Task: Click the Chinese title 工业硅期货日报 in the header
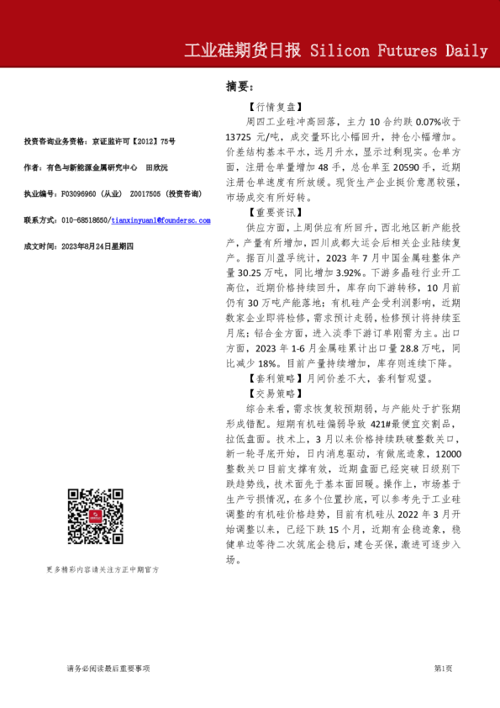tap(243, 50)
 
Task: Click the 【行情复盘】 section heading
tap(274, 108)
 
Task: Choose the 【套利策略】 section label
tap(274, 379)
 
